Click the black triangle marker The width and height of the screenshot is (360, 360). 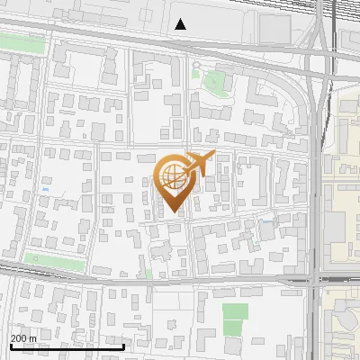[x=181, y=24]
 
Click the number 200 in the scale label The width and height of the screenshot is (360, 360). [x=20, y=337]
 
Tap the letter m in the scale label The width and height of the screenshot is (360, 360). [x=34, y=337]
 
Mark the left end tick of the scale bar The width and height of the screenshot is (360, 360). [x=10, y=345]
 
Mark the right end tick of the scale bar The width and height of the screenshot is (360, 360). [x=123, y=345]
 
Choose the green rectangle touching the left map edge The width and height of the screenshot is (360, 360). [x=20, y=42]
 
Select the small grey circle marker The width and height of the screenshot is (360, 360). [x=196, y=66]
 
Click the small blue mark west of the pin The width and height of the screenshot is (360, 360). [x=45, y=190]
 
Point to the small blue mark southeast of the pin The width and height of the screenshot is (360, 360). [x=267, y=220]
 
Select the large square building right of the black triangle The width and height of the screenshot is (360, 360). [x=280, y=27]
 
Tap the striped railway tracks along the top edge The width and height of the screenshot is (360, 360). [x=270, y=4]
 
